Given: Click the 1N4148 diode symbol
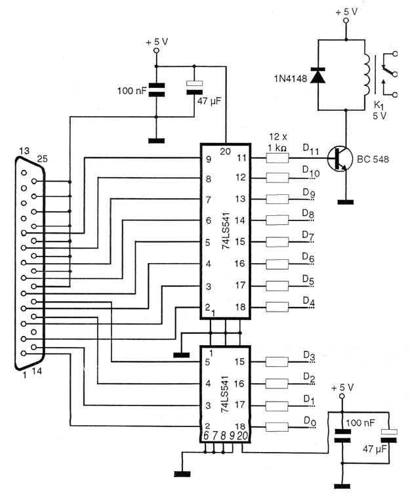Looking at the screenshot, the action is (318, 75).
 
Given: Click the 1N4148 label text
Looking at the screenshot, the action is (290, 79).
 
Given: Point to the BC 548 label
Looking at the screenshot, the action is (373, 159).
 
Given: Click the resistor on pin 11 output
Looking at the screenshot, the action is (277, 158).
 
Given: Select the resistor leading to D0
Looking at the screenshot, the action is (277, 427).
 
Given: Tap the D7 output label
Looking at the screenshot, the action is (308, 236).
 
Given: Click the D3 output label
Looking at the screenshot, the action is (309, 356).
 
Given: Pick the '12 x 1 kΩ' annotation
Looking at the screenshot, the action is (278, 142).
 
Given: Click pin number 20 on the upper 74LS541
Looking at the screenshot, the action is (225, 152).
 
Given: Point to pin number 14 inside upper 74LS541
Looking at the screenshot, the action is (240, 220).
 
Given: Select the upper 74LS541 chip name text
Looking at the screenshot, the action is (226, 231).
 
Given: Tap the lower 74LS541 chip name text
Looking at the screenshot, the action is (225, 394).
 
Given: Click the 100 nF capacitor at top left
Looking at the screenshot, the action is (156, 90).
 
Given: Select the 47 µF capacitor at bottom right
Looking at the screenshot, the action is (389, 436).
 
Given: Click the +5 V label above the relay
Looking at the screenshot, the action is (346, 12).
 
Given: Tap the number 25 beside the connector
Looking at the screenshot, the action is (42, 159).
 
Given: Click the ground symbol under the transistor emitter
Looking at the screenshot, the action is (346, 202).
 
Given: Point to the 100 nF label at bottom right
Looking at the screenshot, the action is (361, 422).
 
